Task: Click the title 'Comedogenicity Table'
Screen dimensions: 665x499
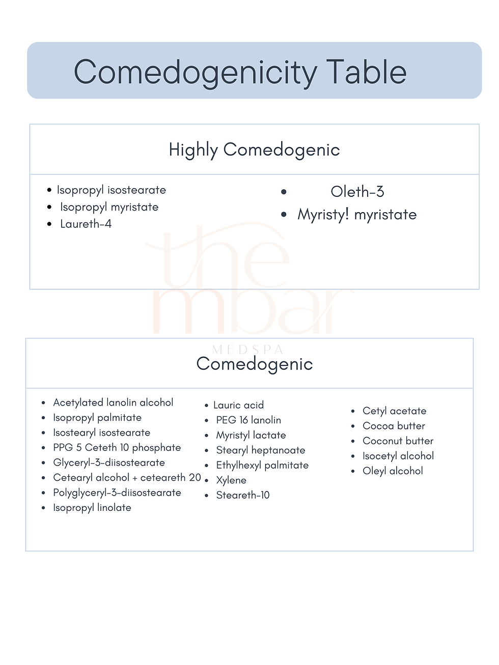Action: (x=240, y=72)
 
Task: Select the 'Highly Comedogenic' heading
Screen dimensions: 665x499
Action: (x=254, y=150)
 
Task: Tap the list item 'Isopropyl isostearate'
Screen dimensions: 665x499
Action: (x=111, y=190)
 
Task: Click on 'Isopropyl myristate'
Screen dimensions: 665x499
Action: (x=109, y=207)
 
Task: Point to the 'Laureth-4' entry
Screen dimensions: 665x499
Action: (x=86, y=224)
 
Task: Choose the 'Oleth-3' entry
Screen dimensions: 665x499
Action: (x=357, y=192)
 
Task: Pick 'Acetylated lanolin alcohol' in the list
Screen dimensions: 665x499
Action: (x=113, y=402)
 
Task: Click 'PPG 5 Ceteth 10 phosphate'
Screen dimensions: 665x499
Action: (x=117, y=448)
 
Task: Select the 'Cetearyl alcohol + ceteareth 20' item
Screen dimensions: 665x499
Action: (x=127, y=478)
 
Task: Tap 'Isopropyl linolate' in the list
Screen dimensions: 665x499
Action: (x=92, y=508)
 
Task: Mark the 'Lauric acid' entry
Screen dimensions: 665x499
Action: (x=238, y=405)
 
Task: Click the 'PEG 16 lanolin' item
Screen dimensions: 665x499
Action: (x=248, y=420)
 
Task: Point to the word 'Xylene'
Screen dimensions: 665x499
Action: (x=231, y=480)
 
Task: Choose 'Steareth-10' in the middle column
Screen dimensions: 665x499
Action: (x=243, y=495)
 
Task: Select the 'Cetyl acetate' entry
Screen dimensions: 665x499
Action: (x=394, y=411)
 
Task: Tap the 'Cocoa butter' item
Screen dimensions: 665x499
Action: (x=394, y=426)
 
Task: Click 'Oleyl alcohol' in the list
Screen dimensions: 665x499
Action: (x=393, y=471)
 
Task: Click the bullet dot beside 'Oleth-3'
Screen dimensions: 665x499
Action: (x=284, y=192)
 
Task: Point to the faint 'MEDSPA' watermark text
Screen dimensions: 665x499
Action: (x=247, y=350)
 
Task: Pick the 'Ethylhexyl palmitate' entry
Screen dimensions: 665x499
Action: (x=262, y=465)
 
